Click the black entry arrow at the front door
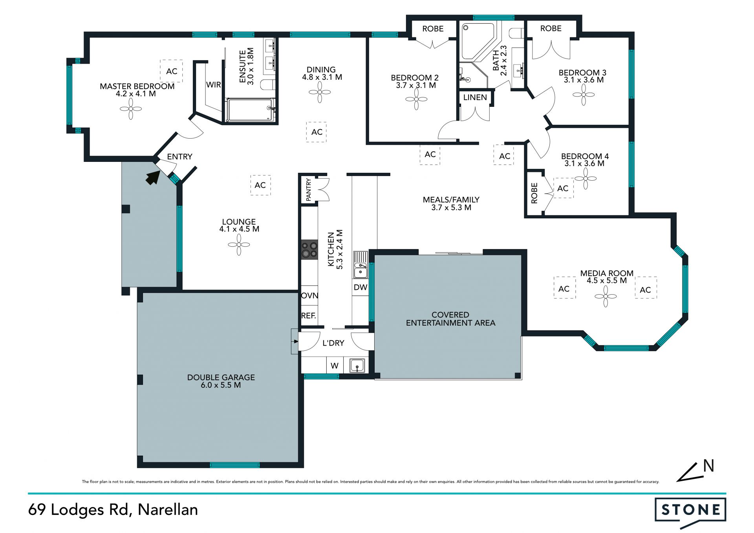[153, 177]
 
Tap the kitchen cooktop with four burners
[309, 249]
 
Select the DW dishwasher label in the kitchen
[360, 287]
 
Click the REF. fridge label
[309, 315]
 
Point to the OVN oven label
[309, 295]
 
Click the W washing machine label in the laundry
[334, 366]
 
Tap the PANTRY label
[308, 190]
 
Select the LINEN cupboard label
[475, 97]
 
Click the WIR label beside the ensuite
[214, 85]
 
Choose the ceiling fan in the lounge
[239, 245]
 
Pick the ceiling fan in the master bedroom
[131, 109]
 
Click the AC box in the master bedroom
[172, 71]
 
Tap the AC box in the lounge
[260, 185]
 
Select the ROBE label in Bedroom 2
[433, 29]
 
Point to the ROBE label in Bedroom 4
[534, 193]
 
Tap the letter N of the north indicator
[708, 466]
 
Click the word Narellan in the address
[168, 510]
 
